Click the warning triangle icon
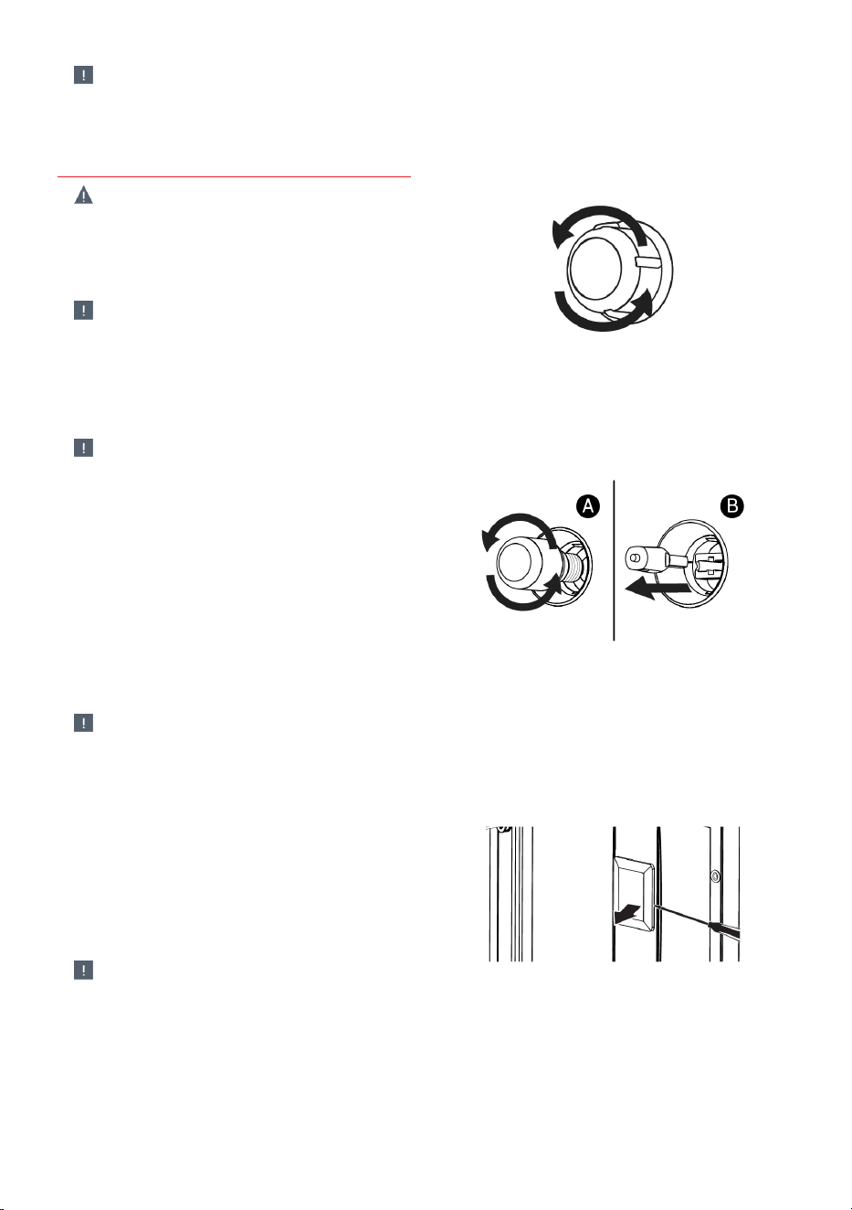point(83,195)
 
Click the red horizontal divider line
point(234,176)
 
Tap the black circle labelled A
point(588,506)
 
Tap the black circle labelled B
point(732,506)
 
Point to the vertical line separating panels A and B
point(614,560)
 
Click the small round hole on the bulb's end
point(634,557)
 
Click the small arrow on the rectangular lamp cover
point(626,914)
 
